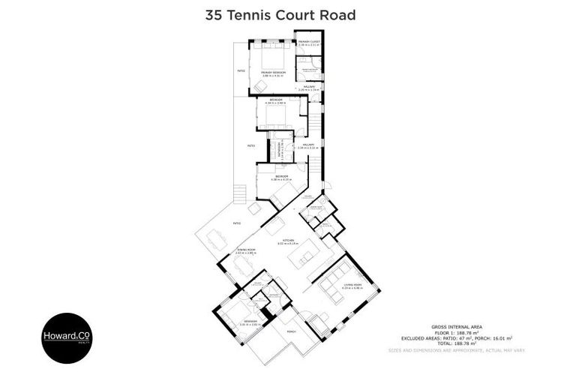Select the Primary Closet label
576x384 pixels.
pos(308,43)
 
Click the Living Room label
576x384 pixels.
pos(353,286)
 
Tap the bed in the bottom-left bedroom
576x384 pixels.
pos(234,310)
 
